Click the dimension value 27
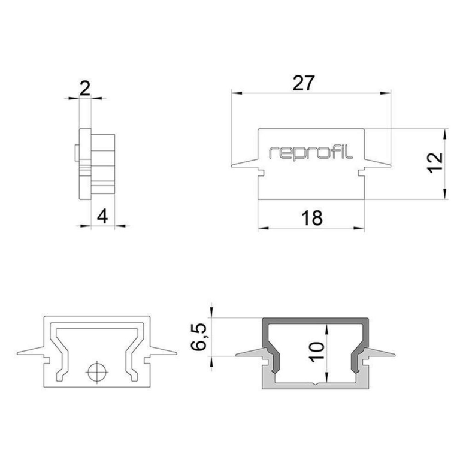pos(304,83)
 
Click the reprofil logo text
pos(311,152)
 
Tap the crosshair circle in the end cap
pos(95,371)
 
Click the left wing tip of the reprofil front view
pos(232,166)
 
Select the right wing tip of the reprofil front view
pos(391,166)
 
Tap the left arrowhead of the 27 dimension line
pos(234,93)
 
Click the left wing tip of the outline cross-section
pos(19,352)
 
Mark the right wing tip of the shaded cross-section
pos(396,353)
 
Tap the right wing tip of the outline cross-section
pos(176,352)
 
